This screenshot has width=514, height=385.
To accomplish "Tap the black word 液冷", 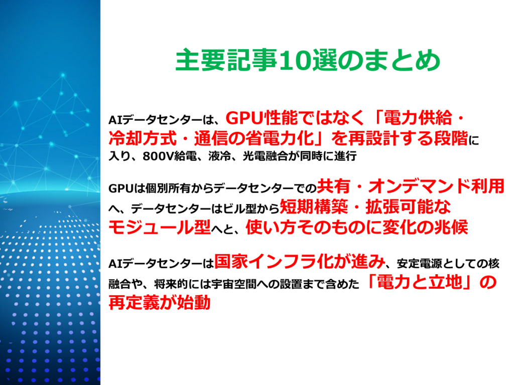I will (x=218, y=156).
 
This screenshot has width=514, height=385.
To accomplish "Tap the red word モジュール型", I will (x=159, y=227).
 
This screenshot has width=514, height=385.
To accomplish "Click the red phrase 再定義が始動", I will (x=159, y=303).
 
